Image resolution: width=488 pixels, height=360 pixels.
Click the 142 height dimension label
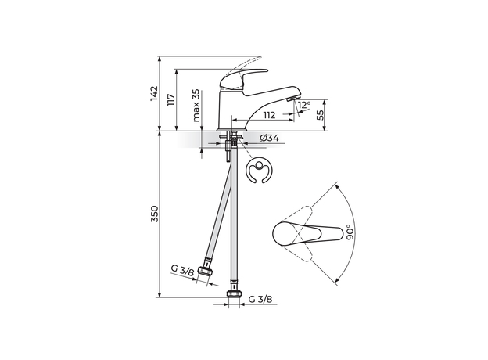pyautogui.click(x=154, y=94)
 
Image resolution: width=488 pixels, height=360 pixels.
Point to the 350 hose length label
pyautogui.click(x=154, y=215)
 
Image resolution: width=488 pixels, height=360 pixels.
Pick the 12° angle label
pyautogui.click(x=304, y=104)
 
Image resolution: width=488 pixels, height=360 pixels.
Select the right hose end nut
pyautogui.click(x=232, y=296)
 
